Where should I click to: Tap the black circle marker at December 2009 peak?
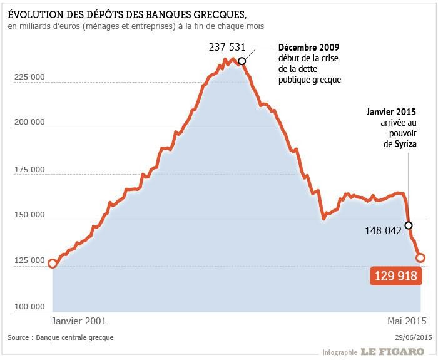click(242, 60)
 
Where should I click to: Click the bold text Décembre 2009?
click(310, 48)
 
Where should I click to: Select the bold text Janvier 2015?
click(391, 112)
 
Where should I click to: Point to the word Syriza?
click(402, 144)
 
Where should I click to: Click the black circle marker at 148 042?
click(409, 225)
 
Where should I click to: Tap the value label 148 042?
click(384, 230)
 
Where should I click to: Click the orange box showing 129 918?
click(395, 275)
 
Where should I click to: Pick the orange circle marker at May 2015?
click(420, 257)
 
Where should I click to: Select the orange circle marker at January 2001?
click(53, 264)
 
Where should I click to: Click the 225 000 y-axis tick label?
click(28, 77)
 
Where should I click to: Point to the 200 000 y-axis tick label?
click(28, 123)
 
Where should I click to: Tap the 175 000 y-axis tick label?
click(28, 169)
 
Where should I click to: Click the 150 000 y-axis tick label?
click(28, 215)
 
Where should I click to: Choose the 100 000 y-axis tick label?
click(28, 307)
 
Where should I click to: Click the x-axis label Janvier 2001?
click(78, 321)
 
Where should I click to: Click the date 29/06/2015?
click(414, 337)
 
